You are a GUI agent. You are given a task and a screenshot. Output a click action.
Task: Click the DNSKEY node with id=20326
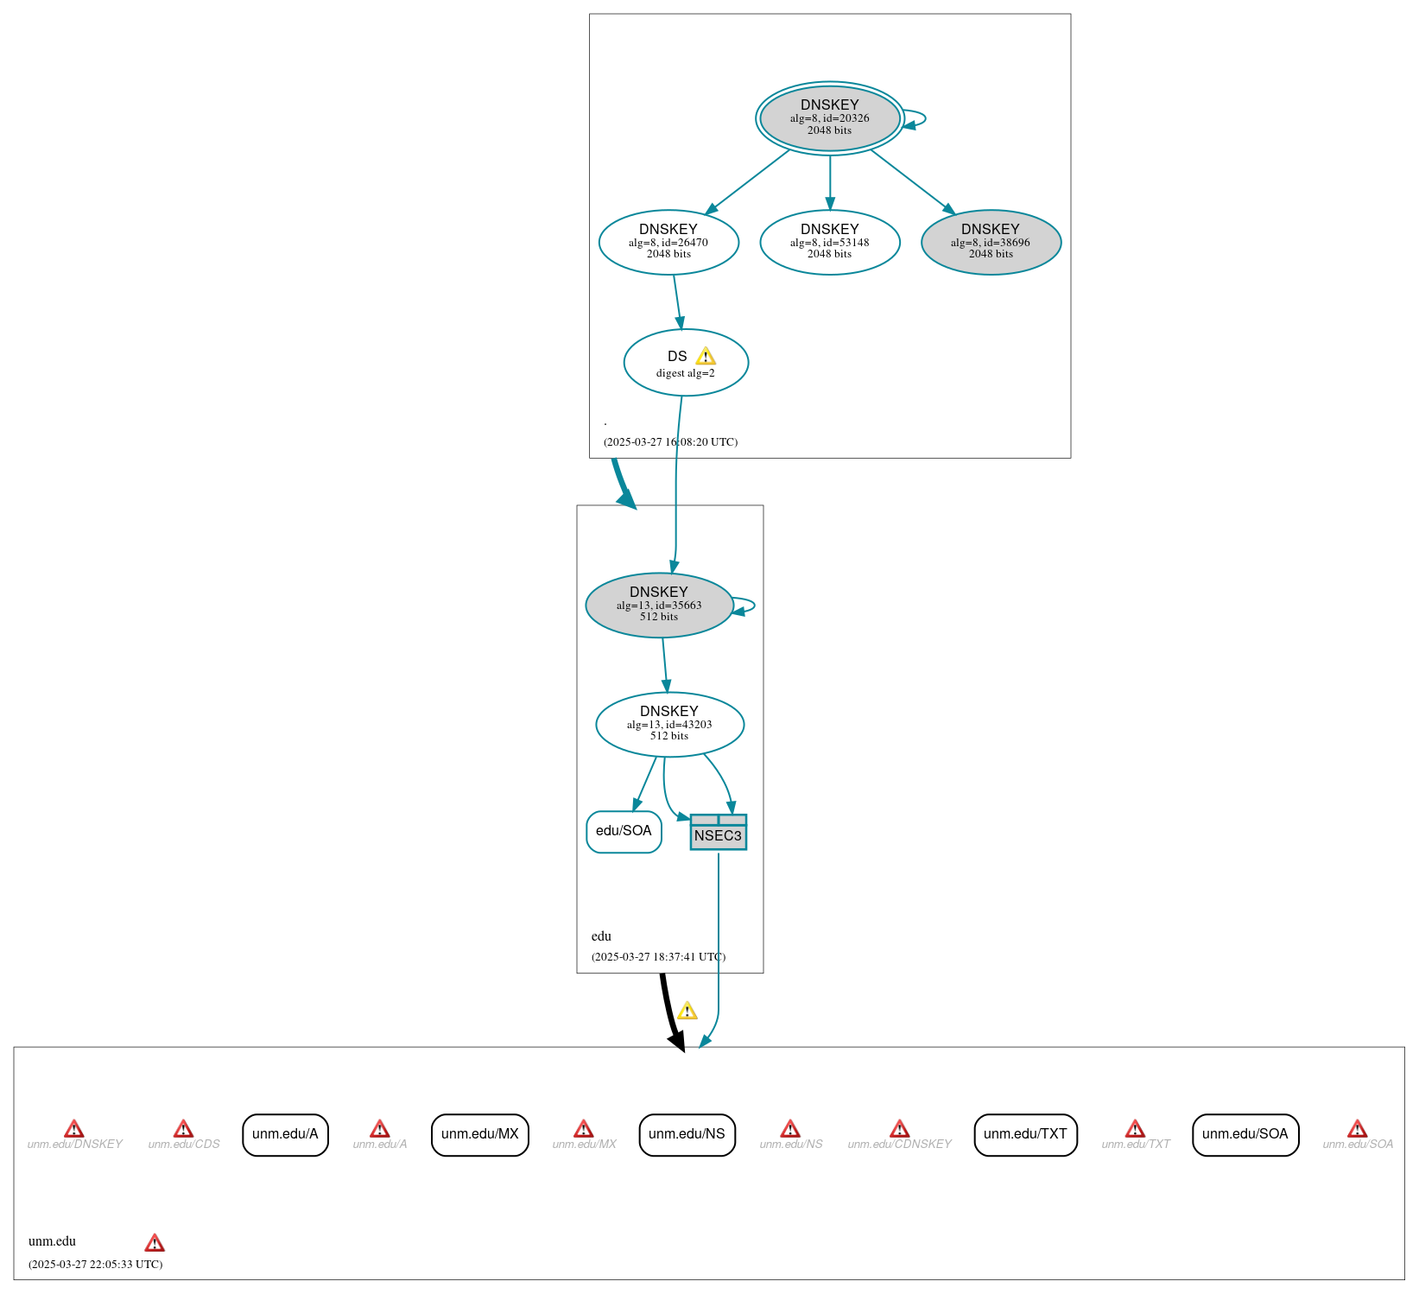click(x=829, y=118)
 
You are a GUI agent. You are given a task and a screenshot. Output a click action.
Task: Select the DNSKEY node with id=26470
click(x=668, y=242)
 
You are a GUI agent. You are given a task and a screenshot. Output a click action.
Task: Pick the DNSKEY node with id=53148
click(x=829, y=242)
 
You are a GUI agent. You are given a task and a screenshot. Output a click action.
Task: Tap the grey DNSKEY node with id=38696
click(x=991, y=242)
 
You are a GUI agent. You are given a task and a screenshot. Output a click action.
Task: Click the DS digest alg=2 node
click(x=686, y=362)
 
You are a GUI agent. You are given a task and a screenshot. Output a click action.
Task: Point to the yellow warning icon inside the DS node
click(x=706, y=356)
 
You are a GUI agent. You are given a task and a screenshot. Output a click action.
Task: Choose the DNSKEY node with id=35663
click(x=659, y=605)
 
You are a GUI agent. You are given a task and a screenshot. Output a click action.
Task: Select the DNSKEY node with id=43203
click(x=669, y=724)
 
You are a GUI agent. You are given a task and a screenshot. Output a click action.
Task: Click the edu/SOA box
click(x=624, y=832)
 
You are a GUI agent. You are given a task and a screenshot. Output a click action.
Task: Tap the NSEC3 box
click(x=718, y=832)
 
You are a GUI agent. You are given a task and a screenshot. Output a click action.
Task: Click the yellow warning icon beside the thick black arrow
click(x=687, y=1011)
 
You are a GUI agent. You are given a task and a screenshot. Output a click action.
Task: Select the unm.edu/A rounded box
click(x=285, y=1134)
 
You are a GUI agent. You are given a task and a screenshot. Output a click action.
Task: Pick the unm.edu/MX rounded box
click(x=479, y=1134)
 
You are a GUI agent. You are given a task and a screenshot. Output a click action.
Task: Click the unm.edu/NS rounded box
click(x=687, y=1134)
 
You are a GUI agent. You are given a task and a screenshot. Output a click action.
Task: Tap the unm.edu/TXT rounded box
click(x=1025, y=1134)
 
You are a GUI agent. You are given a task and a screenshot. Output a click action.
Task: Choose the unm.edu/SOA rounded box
click(x=1245, y=1134)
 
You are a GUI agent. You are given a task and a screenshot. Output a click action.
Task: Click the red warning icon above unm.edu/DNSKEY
click(x=74, y=1129)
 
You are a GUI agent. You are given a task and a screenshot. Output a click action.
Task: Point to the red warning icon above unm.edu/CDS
click(x=183, y=1129)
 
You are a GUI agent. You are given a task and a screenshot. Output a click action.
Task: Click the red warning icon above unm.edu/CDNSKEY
click(x=899, y=1129)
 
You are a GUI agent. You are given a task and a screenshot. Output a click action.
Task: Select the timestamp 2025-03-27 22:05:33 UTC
click(x=95, y=1264)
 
